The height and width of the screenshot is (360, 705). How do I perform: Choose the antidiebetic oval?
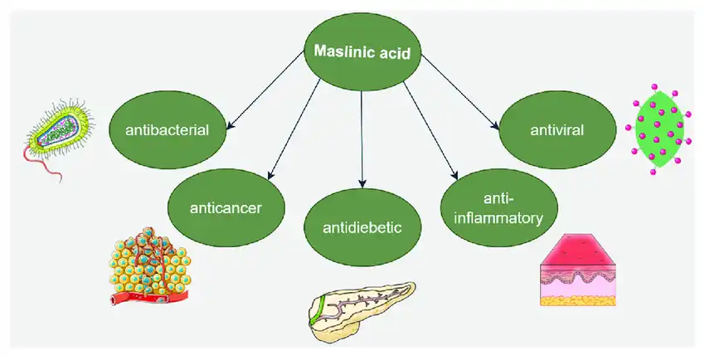pos(362,225)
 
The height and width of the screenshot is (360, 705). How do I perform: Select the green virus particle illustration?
pos(657,129)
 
